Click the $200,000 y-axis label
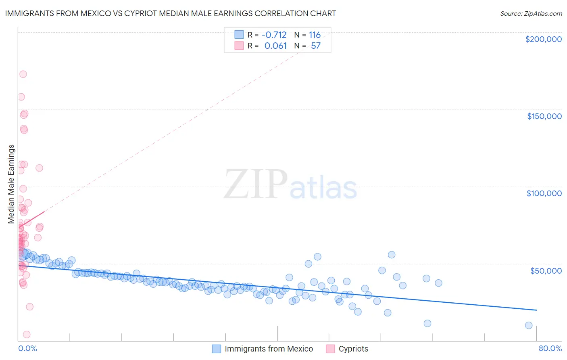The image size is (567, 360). [543, 39]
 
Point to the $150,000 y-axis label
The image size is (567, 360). [544, 116]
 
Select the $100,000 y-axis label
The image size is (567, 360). [544, 193]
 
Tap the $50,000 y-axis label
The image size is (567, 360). [546, 270]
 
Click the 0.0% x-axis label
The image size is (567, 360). [27, 348]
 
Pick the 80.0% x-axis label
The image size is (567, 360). [550, 348]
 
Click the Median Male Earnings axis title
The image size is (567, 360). [11, 184]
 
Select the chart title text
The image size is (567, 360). [170, 13]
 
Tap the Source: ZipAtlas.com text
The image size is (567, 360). [531, 13]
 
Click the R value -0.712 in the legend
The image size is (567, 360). [274, 35]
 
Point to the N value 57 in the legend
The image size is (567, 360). [315, 46]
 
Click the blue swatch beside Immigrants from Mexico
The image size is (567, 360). [217, 349]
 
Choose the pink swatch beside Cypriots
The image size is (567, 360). [330, 349]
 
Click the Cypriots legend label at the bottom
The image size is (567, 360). [353, 349]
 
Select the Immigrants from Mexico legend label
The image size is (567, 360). [269, 349]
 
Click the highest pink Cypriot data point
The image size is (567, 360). [23, 74]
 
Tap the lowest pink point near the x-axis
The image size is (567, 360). [27, 334]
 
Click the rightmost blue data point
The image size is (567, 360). [529, 325]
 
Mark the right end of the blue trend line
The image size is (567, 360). [536, 310]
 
